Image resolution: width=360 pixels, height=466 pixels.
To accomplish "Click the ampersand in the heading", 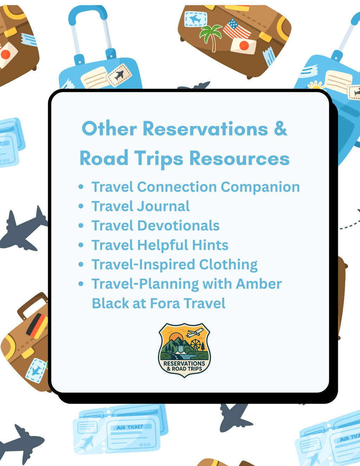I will click(x=280, y=129).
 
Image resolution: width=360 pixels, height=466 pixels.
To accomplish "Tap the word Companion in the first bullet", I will click(x=260, y=187).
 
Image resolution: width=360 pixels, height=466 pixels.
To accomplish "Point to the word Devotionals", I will click(x=178, y=226).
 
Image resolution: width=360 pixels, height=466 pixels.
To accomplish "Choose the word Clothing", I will click(x=228, y=265).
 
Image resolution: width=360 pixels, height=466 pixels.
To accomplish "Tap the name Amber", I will click(x=259, y=284).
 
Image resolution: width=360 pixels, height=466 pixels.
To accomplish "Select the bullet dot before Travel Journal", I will click(x=81, y=206).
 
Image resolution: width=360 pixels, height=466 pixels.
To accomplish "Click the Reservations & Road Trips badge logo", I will click(x=184, y=350).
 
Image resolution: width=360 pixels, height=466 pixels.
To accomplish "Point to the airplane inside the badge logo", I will click(x=195, y=332).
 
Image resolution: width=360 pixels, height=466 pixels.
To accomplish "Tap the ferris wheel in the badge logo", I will click(x=195, y=344).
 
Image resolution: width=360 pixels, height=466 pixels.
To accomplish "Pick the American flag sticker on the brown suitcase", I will click(x=237, y=29).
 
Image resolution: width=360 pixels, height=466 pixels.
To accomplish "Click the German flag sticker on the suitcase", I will click(x=37, y=325).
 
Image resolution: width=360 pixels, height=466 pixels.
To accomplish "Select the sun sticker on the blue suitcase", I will click(x=315, y=85).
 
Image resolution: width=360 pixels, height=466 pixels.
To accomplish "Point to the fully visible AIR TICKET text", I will click(x=130, y=427).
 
